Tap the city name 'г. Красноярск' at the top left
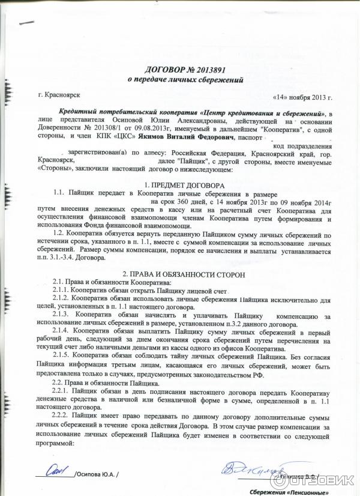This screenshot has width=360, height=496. pyautogui.click(x=58, y=95)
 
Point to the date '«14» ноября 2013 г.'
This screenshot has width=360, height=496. pyautogui.click(x=302, y=97)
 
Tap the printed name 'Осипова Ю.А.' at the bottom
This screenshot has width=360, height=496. pyautogui.click(x=97, y=474)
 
